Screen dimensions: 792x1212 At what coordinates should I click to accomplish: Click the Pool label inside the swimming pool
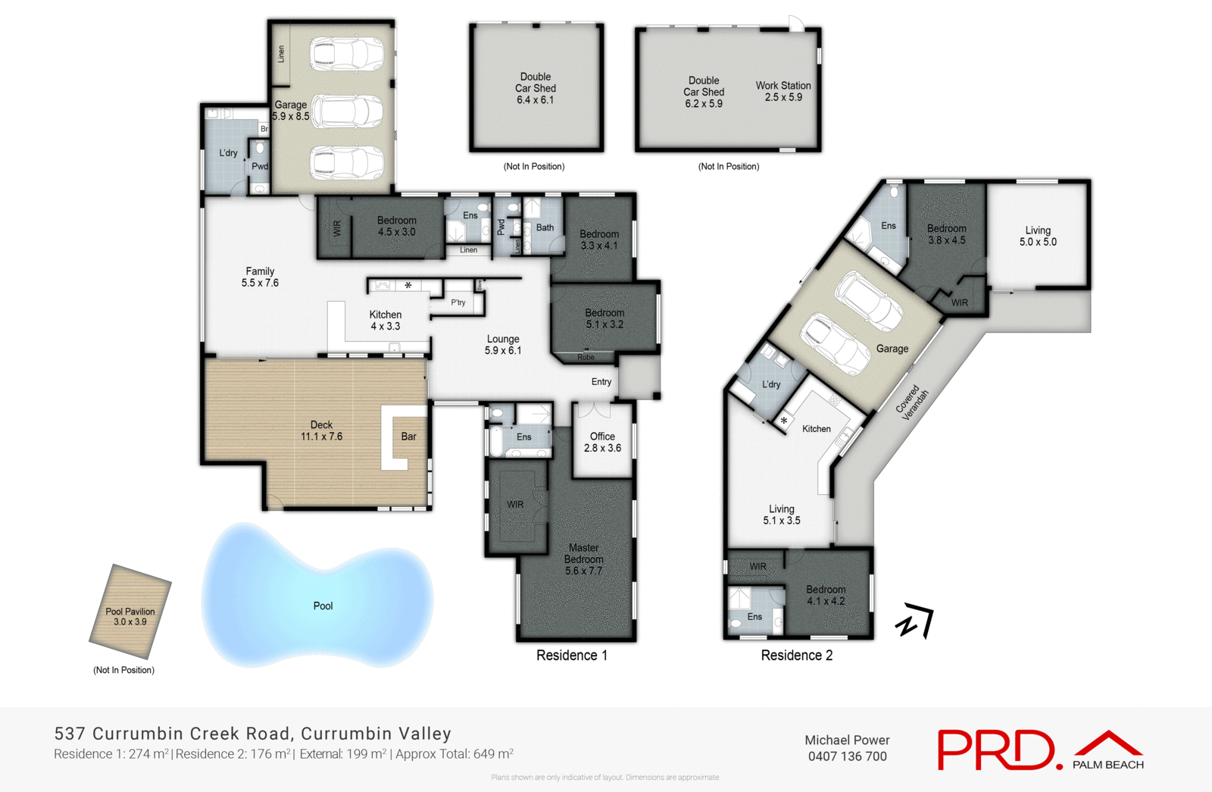point(323,606)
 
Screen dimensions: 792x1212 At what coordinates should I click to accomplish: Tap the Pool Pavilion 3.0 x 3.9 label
point(130,616)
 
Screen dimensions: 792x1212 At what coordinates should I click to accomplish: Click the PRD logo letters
point(995,750)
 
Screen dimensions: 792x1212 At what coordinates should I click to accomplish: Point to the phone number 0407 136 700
point(847,756)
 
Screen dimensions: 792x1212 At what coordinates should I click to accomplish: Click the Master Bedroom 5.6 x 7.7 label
point(583,559)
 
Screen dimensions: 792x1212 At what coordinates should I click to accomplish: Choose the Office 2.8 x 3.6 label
point(602,442)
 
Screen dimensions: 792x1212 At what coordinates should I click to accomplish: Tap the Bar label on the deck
point(408,437)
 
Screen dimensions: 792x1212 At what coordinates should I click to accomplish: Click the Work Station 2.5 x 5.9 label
point(783,91)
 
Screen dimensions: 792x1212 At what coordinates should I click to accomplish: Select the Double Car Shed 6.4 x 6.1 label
point(536,88)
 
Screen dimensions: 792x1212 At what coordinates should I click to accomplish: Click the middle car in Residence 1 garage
point(348,111)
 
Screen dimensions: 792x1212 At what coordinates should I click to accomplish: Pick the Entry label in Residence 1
point(601,382)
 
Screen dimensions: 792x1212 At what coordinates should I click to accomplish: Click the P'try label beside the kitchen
point(458,302)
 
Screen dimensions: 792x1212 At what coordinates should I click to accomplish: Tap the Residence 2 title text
point(796,656)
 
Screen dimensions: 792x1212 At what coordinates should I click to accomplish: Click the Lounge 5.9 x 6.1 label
point(503,345)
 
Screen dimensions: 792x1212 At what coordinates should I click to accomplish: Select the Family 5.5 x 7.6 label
point(260,277)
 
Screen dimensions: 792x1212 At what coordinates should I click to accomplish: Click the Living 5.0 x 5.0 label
point(1038,236)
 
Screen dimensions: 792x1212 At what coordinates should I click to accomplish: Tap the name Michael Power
point(847,740)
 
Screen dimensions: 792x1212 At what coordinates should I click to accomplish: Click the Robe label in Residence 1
point(586,357)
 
